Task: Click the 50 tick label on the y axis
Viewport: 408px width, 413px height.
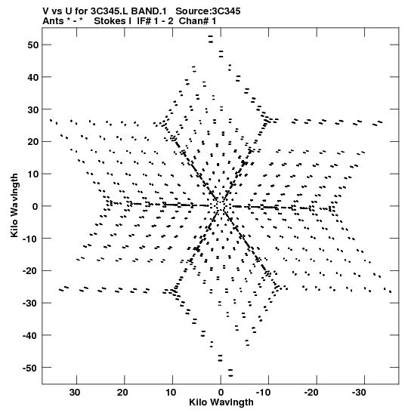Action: tap(33, 45)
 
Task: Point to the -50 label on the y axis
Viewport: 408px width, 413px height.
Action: tap(30, 368)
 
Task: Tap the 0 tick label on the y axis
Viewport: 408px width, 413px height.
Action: tap(36, 207)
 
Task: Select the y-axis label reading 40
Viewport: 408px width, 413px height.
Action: tap(33, 77)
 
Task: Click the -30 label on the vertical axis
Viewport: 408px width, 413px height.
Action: tap(30, 304)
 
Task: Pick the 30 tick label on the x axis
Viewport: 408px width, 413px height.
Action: tap(75, 393)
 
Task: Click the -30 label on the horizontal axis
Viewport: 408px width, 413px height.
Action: tap(359, 393)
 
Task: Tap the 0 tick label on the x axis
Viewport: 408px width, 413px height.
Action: tap(221, 393)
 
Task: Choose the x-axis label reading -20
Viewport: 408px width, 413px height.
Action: tap(311, 393)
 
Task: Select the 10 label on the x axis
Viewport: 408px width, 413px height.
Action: tap(171, 393)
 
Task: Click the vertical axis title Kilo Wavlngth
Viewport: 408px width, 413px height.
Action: tap(14, 205)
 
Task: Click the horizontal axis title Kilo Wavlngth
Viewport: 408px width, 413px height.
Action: tap(221, 402)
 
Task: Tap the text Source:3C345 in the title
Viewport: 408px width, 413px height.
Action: tap(208, 11)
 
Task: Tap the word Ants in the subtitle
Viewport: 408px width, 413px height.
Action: tap(53, 21)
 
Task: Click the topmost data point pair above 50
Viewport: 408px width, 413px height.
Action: tap(210, 39)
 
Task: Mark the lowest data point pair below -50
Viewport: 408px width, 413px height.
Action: tap(230, 373)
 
